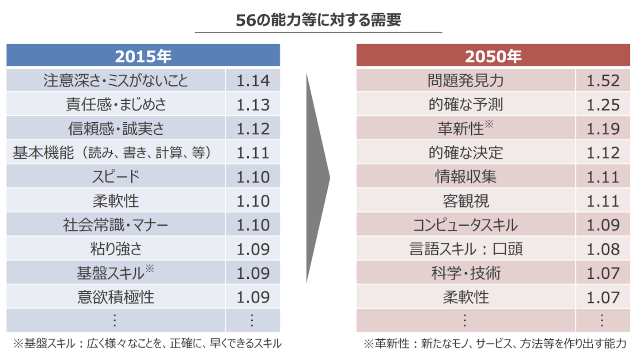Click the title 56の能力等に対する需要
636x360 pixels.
[x=318, y=21]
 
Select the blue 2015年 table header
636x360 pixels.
[x=143, y=56]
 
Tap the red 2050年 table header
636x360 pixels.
[x=493, y=56]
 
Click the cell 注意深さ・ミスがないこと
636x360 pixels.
[x=116, y=80]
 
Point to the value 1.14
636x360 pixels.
[x=253, y=80]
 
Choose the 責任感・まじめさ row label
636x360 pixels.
[x=116, y=105]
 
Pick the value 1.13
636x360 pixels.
[x=253, y=105]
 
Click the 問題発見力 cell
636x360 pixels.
[x=466, y=80]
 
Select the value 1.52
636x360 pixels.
[x=603, y=80]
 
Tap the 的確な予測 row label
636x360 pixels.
[x=466, y=105]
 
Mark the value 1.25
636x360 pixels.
[x=603, y=105]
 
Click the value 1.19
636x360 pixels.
[x=603, y=129]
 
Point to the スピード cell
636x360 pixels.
[x=116, y=177]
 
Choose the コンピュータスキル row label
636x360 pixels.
[x=466, y=225]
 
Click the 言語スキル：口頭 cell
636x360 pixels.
[x=466, y=249]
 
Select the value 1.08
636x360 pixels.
[x=603, y=249]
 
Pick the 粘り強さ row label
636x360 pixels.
[x=116, y=249]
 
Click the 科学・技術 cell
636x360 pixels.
[x=466, y=273]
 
